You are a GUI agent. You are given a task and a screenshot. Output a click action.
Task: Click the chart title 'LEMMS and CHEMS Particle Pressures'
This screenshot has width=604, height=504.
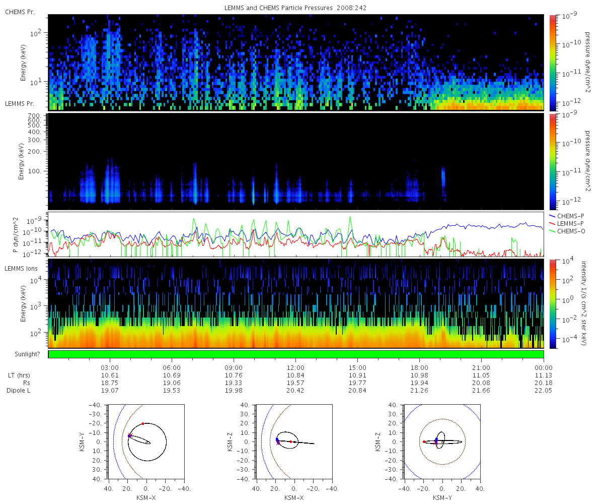[278, 8]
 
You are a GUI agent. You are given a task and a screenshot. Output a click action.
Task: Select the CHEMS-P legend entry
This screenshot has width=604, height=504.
[566, 216]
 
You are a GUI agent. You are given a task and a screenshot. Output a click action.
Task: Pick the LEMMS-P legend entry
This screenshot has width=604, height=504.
[566, 224]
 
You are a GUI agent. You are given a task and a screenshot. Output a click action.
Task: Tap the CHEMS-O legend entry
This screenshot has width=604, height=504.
[567, 231]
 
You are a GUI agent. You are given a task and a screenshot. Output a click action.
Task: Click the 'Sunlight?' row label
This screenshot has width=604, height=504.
[27, 354]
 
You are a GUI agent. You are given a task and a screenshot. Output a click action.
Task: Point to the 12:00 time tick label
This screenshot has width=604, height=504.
[295, 368]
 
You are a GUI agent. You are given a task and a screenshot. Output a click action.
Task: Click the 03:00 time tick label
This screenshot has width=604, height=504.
[110, 368]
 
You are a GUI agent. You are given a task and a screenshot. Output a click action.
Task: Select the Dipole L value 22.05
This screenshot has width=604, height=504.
[543, 391]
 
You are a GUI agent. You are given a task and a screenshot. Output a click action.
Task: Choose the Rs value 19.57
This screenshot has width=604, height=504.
[295, 383]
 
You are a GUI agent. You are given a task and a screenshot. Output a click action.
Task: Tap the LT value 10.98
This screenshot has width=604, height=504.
[419, 375]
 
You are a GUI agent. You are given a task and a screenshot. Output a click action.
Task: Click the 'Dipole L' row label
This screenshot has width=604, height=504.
[18, 391]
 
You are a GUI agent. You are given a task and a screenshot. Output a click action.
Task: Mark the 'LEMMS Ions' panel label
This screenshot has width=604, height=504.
[21, 269]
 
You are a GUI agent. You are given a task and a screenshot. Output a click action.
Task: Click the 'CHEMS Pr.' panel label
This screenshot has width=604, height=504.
[20, 12]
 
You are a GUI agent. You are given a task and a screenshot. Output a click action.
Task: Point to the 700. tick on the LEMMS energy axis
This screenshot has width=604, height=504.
[34, 116]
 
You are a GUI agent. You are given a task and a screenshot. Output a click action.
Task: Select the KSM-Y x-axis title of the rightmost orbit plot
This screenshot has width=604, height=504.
[442, 497]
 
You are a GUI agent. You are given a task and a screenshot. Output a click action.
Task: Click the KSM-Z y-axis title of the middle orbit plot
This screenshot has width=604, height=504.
[230, 442]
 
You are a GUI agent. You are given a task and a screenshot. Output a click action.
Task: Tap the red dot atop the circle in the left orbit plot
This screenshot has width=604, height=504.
[143, 424]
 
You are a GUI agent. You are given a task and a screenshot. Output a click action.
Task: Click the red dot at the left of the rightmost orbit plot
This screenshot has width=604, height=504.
[424, 442]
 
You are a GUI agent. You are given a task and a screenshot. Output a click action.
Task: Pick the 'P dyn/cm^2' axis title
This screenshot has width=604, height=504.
[16, 235]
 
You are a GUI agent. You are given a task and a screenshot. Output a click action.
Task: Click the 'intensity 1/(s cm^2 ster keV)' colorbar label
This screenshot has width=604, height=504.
[584, 303]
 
